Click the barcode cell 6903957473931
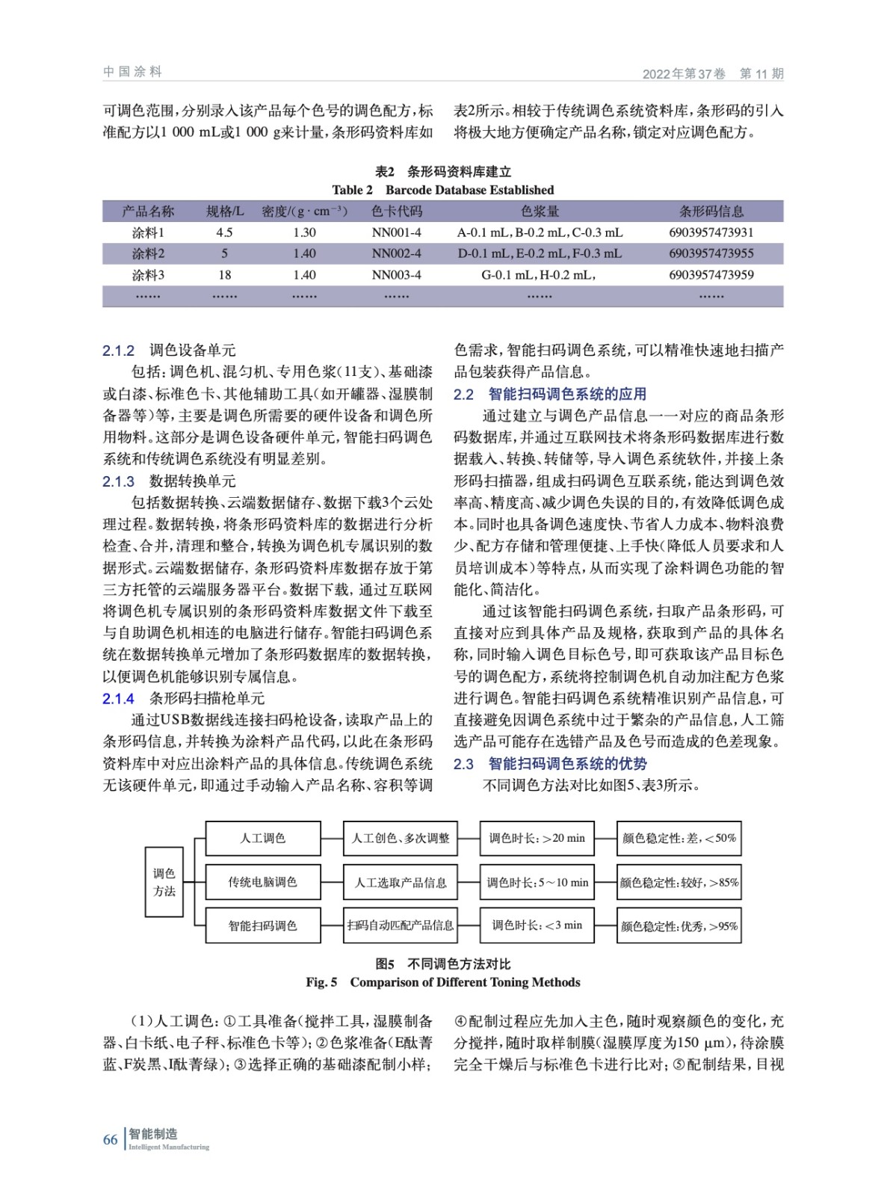coord(711,232)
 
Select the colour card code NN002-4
coord(396,253)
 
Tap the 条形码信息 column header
coord(711,212)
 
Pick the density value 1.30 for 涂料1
coord(304,232)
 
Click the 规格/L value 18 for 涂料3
coord(224,275)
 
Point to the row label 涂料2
coord(148,253)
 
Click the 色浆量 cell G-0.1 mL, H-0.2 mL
coord(539,275)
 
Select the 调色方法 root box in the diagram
coord(164,882)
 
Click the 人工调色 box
coord(263,839)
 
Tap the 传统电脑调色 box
coord(263,882)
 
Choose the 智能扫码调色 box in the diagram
coord(263,925)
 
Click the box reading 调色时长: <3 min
coord(537,925)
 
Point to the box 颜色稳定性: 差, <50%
coord(679,839)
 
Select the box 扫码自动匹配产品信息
coord(400,925)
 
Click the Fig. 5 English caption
coord(442,982)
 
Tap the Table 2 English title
coord(442,190)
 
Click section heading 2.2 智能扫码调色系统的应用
coord(550,394)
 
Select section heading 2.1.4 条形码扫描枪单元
coord(184,698)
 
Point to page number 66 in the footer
coord(110,1139)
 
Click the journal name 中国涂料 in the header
coord(132,72)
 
